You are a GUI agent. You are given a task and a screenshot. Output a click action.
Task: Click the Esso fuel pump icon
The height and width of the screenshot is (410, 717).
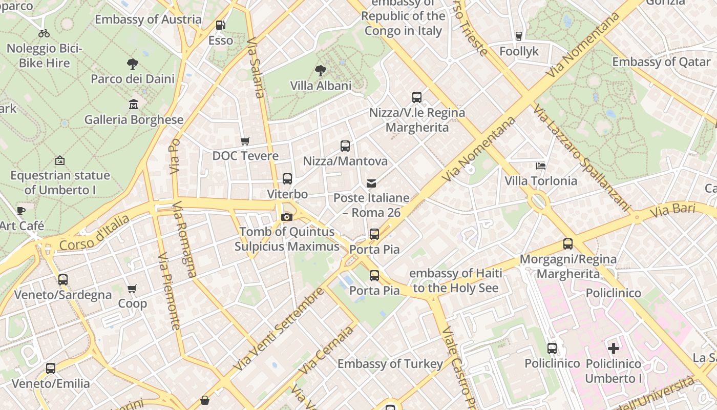coord(220,25)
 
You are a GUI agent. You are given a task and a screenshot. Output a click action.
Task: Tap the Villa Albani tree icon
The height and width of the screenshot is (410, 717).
coord(321,70)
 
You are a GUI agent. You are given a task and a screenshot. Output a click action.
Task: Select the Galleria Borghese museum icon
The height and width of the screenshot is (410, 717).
coord(134,104)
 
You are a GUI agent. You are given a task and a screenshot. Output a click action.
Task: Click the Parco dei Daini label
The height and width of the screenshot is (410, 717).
coord(133,79)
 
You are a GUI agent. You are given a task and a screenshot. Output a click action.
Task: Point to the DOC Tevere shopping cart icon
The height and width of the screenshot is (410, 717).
coord(245,141)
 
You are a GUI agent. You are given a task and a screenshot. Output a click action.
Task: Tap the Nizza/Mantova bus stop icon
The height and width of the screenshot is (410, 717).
coord(345,146)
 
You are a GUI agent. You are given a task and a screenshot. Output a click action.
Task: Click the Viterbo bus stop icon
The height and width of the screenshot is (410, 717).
coord(287,179)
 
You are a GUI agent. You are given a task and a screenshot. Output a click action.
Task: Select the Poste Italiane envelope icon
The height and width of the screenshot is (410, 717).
coord(372,183)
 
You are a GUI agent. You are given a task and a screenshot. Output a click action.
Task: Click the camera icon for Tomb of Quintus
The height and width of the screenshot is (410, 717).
coord(287,217)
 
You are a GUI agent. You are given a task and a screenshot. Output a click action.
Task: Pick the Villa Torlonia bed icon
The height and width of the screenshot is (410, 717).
coord(541,166)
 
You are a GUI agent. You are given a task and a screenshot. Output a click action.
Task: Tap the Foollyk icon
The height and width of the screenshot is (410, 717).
coord(519,36)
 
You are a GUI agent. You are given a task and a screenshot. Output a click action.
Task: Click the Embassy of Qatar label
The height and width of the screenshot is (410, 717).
coord(661,62)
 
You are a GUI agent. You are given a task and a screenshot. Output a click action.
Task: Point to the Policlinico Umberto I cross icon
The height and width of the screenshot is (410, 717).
coord(614,349)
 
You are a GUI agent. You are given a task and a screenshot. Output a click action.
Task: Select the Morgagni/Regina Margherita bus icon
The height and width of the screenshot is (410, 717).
coord(568,244)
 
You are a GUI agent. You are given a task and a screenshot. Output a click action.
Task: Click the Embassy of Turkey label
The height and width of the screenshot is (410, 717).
coord(390,364)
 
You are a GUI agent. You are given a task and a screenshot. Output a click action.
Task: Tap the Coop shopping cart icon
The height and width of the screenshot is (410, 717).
coord(132,289)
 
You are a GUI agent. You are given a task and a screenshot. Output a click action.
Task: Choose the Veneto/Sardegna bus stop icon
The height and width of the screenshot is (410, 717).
coord(63,280)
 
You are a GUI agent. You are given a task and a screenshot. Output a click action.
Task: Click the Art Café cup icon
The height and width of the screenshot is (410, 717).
coord(21,211)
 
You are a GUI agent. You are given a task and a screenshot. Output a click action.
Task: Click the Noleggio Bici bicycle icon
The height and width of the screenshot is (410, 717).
coord(44,34)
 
